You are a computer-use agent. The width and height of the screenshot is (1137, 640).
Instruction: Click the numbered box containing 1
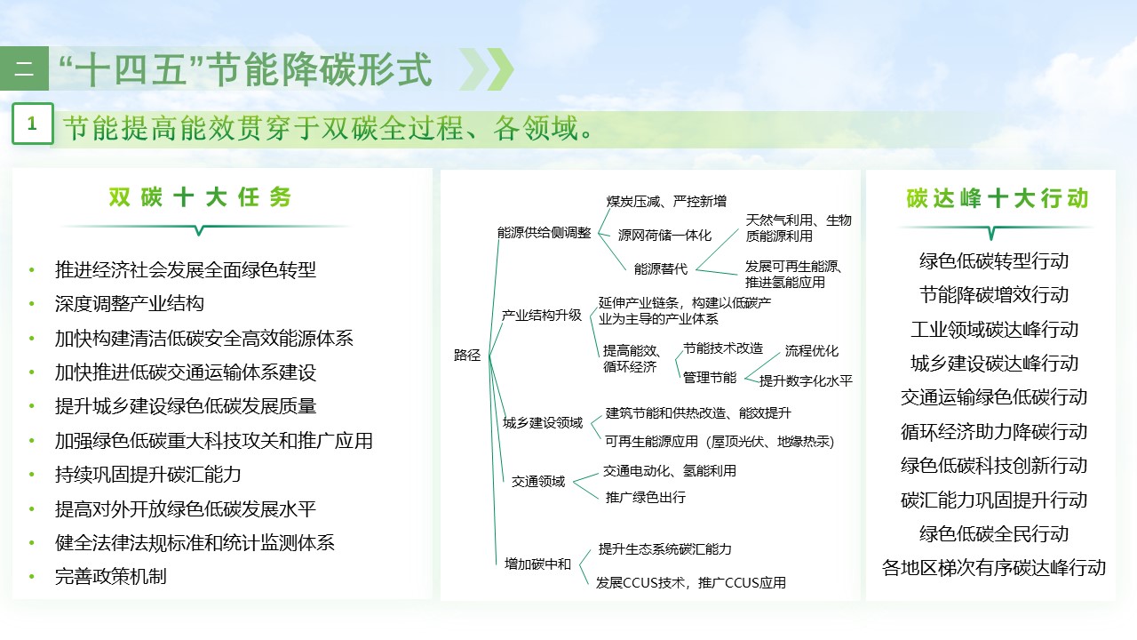tap(33, 124)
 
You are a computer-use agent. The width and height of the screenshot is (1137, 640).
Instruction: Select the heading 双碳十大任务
tap(200, 197)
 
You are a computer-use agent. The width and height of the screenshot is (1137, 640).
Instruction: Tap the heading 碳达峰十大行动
tap(996, 198)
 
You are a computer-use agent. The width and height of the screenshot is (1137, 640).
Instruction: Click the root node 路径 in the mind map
tap(467, 356)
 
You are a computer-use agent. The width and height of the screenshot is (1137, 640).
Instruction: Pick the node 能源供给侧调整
tap(544, 233)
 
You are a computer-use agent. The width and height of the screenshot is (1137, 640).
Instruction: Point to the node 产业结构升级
tap(541, 315)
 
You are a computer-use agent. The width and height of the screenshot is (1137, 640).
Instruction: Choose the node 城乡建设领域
tap(543, 422)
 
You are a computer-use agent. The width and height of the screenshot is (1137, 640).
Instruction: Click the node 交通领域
tap(537, 482)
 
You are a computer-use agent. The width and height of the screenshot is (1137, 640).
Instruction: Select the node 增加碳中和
tap(537, 564)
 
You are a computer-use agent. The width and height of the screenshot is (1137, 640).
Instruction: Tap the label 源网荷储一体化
tap(664, 236)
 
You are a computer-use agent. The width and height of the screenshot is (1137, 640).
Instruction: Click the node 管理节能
tap(709, 377)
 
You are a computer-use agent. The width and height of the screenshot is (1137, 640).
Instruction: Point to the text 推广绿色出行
tap(645, 498)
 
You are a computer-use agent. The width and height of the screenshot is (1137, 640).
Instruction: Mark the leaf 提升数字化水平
tap(805, 380)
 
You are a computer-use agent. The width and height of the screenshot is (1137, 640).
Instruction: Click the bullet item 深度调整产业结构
tap(130, 304)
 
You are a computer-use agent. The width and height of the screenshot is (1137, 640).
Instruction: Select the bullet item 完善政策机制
tap(110, 576)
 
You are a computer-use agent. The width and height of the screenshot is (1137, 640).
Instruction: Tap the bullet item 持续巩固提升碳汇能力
tap(147, 474)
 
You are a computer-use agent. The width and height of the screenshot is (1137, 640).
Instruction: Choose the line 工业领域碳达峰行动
tap(994, 330)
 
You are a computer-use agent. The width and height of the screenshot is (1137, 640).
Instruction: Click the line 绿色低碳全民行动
tap(994, 534)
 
